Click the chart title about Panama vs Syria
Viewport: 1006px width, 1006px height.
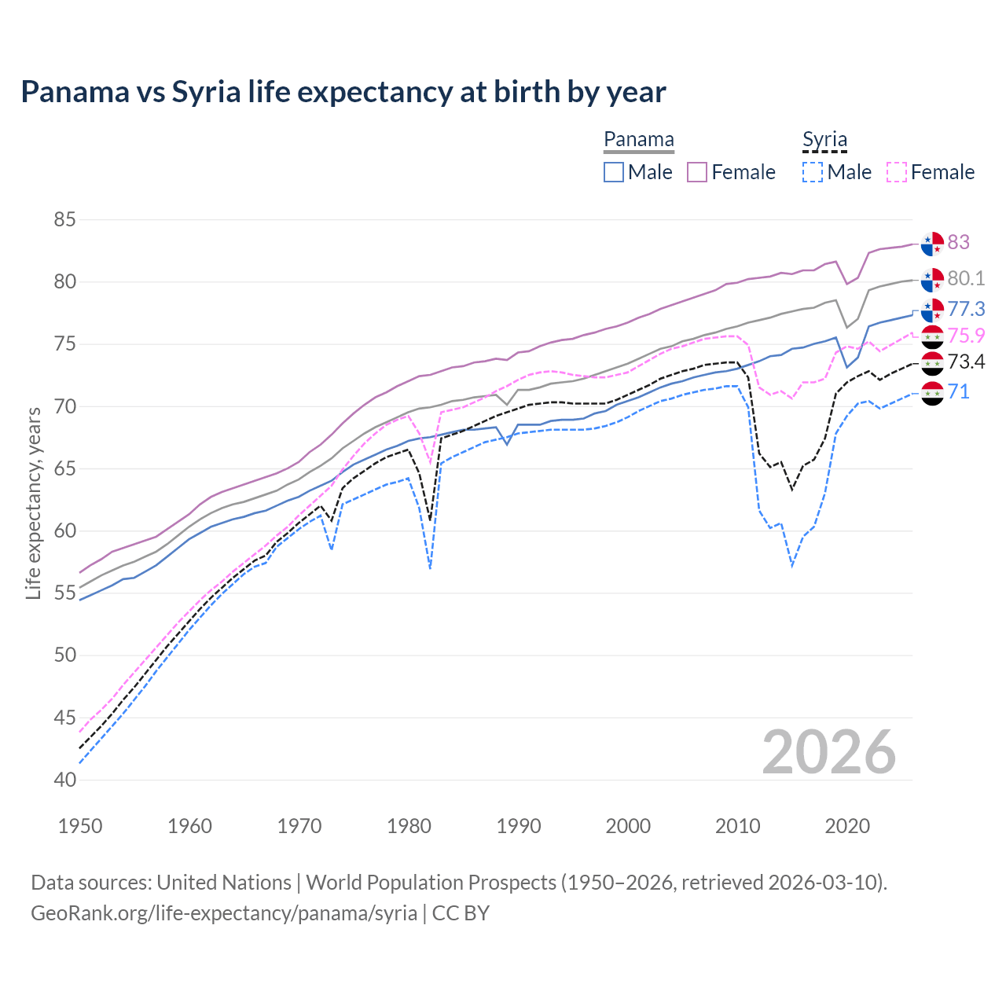pyautogui.click(x=343, y=92)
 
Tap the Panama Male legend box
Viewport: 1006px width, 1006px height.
pyautogui.click(x=614, y=172)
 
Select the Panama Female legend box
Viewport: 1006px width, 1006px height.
pyautogui.click(x=698, y=172)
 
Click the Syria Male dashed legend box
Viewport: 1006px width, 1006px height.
pyautogui.click(x=813, y=172)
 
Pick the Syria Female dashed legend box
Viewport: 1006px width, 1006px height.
pyautogui.click(x=897, y=172)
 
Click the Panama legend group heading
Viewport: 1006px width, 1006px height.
pyautogui.click(x=639, y=140)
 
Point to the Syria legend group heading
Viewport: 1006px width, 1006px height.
pyautogui.click(x=824, y=140)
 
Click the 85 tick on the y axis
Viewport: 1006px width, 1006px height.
pyautogui.click(x=64, y=219)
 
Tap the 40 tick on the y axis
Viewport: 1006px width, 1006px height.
pyautogui.click(x=64, y=780)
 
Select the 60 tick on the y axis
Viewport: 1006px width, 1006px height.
pyautogui.click(x=64, y=531)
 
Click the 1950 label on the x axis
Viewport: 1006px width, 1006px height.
pyautogui.click(x=80, y=826)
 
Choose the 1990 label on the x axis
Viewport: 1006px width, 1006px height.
pyautogui.click(x=519, y=826)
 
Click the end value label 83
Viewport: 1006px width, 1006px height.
pyautogui.click(x=958, y=242)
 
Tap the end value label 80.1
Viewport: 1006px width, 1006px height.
pyautogui.click(x=966, y=278)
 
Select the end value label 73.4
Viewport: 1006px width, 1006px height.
pyautogui.click(x=966, y=362)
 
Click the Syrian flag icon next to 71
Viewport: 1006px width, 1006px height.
pyautogui.click(x=932, y=393)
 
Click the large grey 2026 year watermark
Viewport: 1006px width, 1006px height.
pyautogui.click(x=828, y=752)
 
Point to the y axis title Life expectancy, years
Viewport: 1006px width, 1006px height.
pyautogui.click(x=33, y=503)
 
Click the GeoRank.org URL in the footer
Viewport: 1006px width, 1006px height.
pyautogui.click(x=224, y=913)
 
